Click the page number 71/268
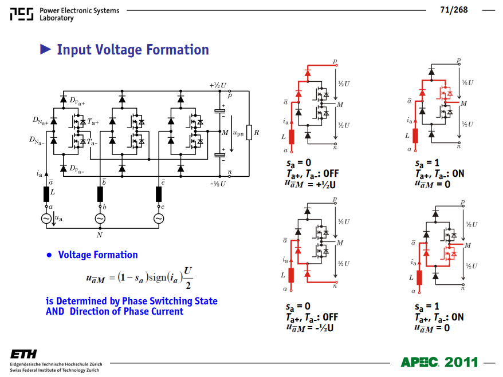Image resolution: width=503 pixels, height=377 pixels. (x=454, y=10)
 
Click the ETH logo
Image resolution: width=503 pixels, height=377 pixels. (x=23, y=354)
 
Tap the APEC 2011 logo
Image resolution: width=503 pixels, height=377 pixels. (x=439, y=362)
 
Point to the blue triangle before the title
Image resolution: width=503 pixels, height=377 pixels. (x=45, y=49)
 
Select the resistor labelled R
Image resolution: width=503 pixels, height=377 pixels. (x=249, y=132)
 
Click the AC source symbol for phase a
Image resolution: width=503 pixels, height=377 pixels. (x=46, y=219)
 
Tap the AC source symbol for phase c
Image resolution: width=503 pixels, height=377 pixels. (x=159, y=219)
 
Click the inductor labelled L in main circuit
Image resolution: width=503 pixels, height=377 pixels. (x=46, y=194)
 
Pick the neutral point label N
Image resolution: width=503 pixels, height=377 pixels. (x=100, y=235)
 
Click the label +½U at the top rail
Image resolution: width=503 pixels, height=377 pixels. (x=218, y=85)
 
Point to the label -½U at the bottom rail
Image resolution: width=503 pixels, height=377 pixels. (x=218, y=184)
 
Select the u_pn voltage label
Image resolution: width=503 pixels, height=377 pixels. (x=238, y=133)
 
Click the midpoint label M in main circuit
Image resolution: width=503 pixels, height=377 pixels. (x=225, y=133)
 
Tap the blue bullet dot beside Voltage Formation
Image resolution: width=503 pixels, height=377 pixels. (x=49, y=255)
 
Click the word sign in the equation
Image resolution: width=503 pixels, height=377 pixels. (x=157, y=277)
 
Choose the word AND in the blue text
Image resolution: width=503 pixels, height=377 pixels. (x=55, y=311)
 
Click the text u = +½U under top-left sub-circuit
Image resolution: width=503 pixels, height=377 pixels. (x=310, y=184)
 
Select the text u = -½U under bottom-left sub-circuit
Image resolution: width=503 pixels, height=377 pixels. (x=310, y=328)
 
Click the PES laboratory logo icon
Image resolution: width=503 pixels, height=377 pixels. (x=22, y=14)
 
